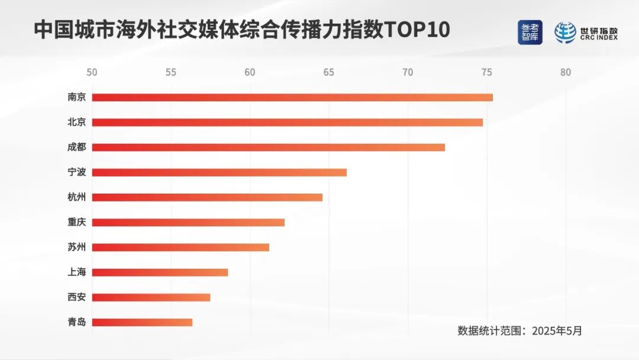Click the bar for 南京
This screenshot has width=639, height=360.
click(292, 97)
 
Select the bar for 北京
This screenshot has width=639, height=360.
click(287, 123)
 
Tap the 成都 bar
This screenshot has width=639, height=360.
click(268, 147)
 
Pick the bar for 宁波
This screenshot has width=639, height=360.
click(219, 172)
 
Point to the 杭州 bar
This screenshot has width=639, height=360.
click(207, 197)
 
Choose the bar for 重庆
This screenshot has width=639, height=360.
click(188, 223)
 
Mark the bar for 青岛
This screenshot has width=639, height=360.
click(142, 322)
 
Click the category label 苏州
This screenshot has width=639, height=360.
click(77, 247)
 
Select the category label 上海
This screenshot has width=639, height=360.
click(77, 272)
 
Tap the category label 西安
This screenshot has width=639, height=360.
click(77, 297)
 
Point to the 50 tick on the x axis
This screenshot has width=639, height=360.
click(92, 72)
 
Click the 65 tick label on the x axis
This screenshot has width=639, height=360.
click(329, 72)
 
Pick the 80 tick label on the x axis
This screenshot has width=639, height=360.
click(566, 72)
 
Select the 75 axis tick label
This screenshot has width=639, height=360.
click(486, 72)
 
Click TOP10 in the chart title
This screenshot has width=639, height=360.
click(418, 30)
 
